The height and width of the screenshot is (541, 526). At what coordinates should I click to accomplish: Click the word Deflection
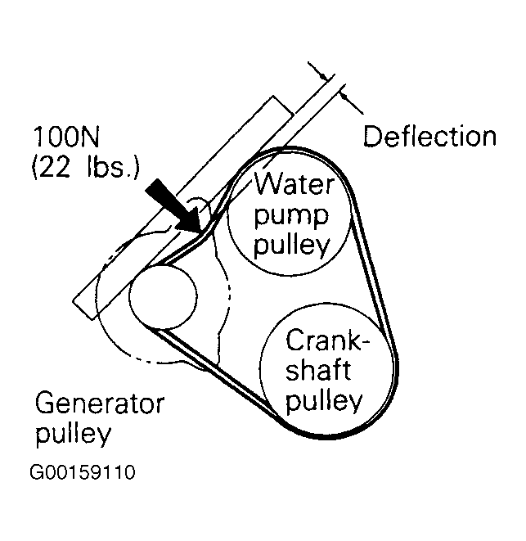(429, 136)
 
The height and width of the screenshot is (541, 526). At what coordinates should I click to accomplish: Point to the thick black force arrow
(171, 205)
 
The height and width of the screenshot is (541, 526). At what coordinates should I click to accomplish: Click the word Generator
(100, 404)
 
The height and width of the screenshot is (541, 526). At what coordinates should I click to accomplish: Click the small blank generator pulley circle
(163, 296)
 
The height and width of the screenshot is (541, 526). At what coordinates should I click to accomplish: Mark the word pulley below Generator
(73, 434)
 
